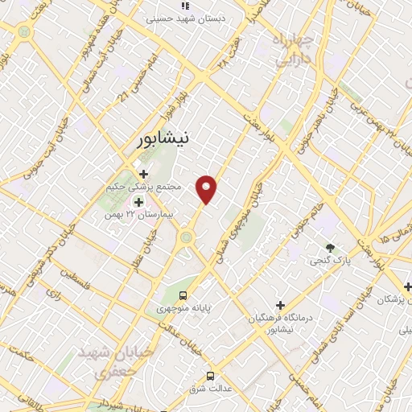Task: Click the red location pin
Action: pos(208,189)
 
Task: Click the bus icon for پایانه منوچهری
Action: pos(183,295)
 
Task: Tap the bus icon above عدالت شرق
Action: pos(211,375)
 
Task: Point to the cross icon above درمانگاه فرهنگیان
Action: pos(280,305)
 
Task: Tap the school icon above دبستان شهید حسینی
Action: pos(185,5)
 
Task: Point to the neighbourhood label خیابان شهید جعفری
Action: pos(105,363)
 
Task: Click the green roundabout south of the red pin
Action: pos(187,237)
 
